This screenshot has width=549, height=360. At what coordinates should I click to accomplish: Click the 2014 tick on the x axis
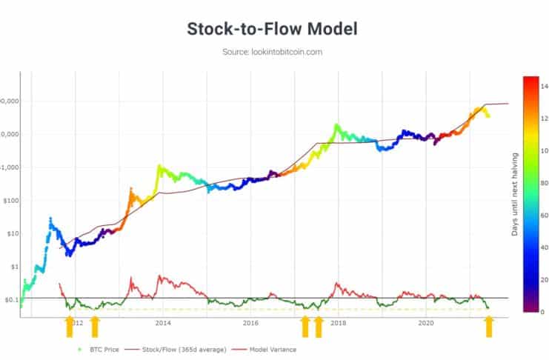tap(163, 323)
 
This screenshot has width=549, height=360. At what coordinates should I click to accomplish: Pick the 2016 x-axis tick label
tap(250, 323)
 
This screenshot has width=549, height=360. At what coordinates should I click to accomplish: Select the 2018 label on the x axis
tap(339, 323)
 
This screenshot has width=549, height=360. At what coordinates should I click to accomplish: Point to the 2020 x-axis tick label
tap(426, 323)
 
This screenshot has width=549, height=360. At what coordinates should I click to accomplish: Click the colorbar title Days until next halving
tap(515, 195)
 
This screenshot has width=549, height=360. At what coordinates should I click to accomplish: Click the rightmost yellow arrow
tap(489, 326)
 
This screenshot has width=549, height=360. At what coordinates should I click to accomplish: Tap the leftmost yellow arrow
tap(70, 326)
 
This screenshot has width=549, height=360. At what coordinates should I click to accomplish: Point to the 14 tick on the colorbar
tap(543, 86)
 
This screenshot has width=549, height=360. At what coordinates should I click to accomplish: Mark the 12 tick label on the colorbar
tap(543, 119)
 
